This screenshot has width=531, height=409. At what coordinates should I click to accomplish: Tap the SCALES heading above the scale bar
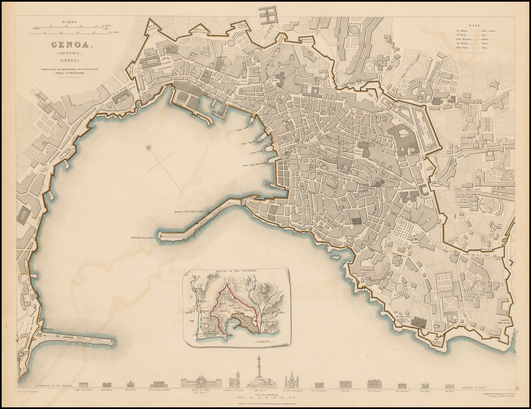tap(69, 22)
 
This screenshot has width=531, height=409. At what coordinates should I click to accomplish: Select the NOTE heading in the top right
tap(473, 24)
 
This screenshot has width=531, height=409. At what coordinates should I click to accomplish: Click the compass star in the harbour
tap(149, 148)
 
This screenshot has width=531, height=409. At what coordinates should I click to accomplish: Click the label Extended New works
tap(142, 238)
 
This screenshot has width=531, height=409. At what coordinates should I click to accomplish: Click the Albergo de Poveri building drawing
tap(201, 383)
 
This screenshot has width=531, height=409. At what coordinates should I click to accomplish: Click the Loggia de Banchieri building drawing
tap(83, 385)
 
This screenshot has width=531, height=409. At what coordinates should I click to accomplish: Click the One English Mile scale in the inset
tap(267, 342)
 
